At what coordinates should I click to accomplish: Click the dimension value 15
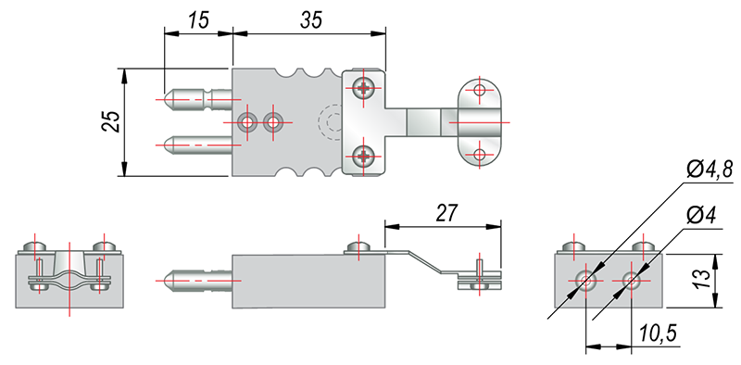pyautogui.click(x=198, y=21)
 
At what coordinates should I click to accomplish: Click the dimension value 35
pyautogui.click(x=311, y=20)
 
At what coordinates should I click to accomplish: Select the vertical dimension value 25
pyautogui.click(x=110, y=121)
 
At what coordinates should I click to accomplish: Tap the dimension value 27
pyautogui.click(x=446, y=213)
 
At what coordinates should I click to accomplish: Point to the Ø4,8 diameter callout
pyautogui.click(x=709, y=170)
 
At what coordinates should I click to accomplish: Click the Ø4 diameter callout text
pyautogui.click(x=701, y=216)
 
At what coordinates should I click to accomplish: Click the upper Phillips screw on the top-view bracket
pyautogui.click(x=364, y=88)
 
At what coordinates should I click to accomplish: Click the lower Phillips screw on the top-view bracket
pyautogui.click(x=364, y=155)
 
